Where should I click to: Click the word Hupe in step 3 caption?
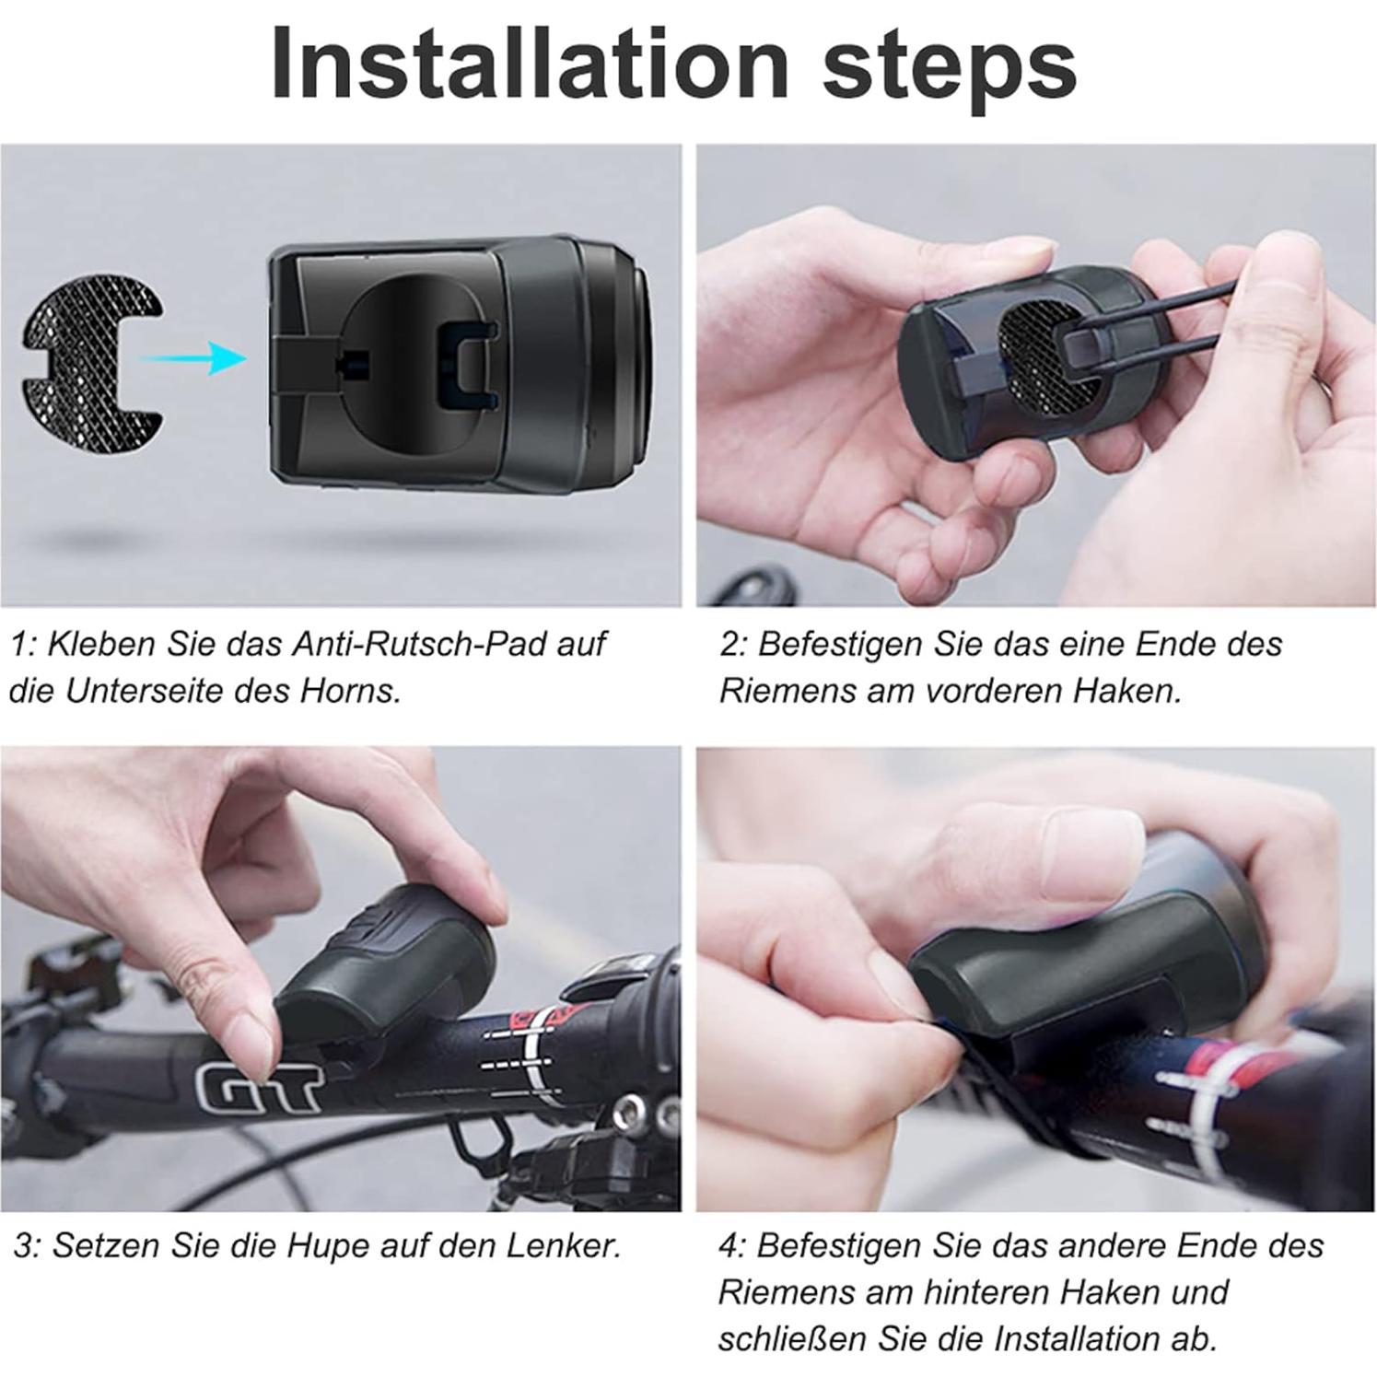tap(321, 1245)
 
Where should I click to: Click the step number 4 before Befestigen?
tap(730, 1245)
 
